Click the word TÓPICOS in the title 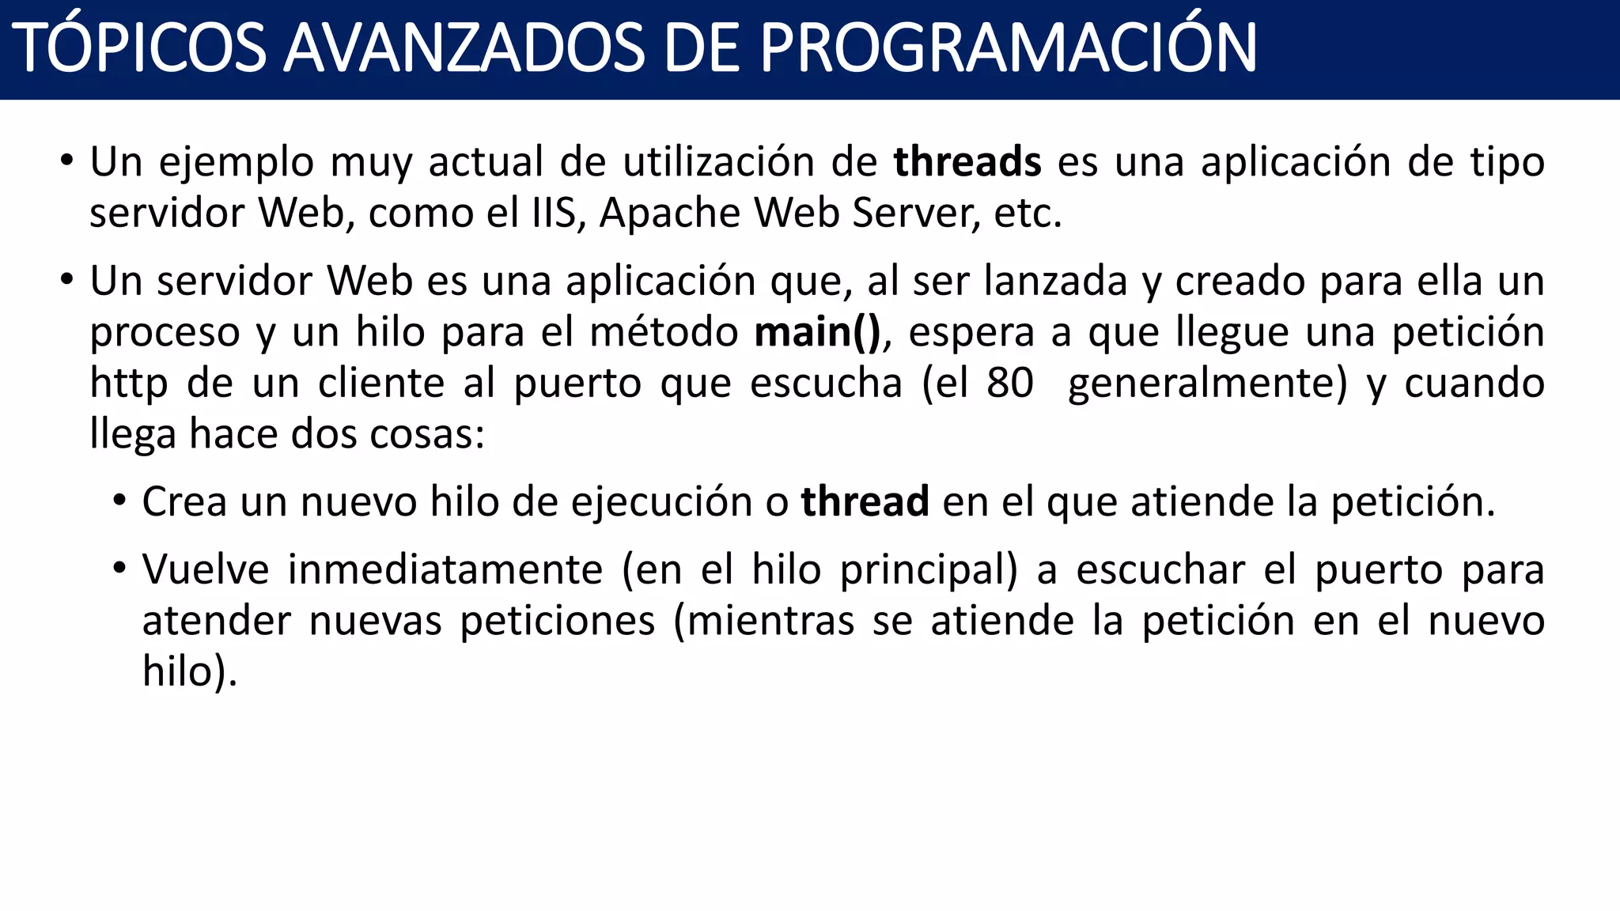(x=138, y=49)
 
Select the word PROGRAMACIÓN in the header (x=1008, y=49)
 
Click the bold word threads (x=967, y=162)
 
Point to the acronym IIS (x=554, y=214)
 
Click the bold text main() (x=817, y=332)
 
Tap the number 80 (x=1009, y=384)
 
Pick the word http (x=128, y=384)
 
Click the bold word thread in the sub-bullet (x=865, y=502)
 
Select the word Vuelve (x=206, y=569)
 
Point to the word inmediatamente (x=445, y=569)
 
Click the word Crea (x=184, y=502)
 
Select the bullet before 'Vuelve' (x=119, y=569)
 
